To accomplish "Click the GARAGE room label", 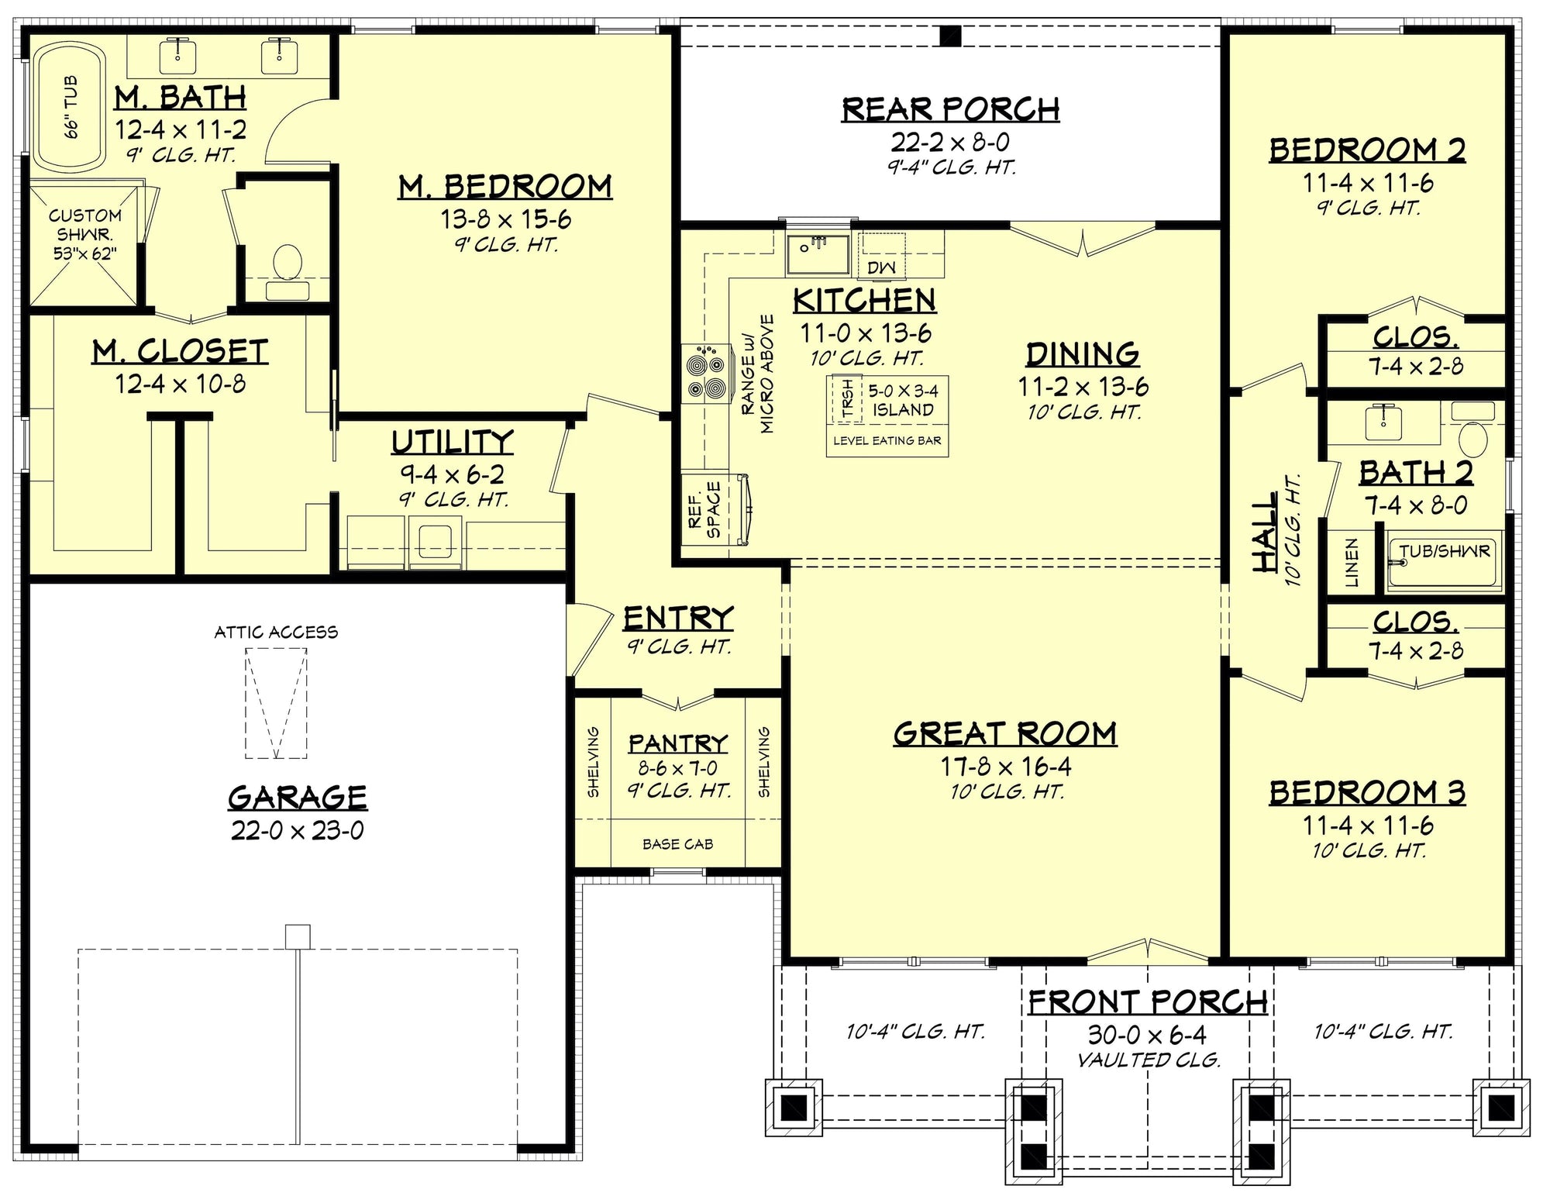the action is (297, 797).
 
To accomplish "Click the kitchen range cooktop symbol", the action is (706, 374).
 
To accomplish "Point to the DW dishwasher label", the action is (881, 268).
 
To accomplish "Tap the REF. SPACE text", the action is (704, 509).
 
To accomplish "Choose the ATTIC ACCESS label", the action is (276, 633).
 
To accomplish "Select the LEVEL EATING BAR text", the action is (887, 441).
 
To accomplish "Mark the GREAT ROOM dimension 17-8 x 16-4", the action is (1006, 767).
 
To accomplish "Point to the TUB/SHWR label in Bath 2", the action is (1445, 551).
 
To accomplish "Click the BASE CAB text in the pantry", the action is (677, 844).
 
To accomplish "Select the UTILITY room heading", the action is (452, 441).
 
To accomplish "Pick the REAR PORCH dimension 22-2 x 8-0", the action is (950, 142).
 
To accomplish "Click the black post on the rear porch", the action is (950, 36).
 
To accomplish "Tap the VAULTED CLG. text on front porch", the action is (1149, 1060).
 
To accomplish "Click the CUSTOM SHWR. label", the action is (85, 234).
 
